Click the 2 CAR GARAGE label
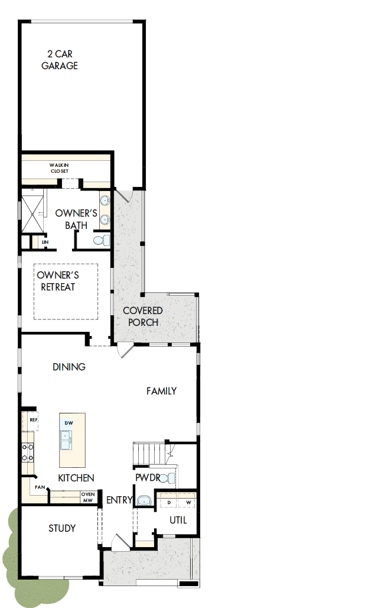(x=60, y=60)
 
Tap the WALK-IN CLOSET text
(x=59, y=169)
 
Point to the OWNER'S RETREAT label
(x=58, y=281)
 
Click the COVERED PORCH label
(x=143, y=316)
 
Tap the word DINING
(x=69, y=367)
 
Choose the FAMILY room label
(x=162, y=390)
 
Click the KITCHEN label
(x=76, y=477)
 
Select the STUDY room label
(x=62, y=528)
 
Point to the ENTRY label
(x=119, y=500)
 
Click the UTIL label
(x=178, y=520)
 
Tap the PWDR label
(x=147, y=477)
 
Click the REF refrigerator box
(x=33, y=420)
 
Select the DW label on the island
(x=69, y=423)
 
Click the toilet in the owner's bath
(x=103, y=240)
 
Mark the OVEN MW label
(x=88, y=497)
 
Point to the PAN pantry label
(x=40, y=487)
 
